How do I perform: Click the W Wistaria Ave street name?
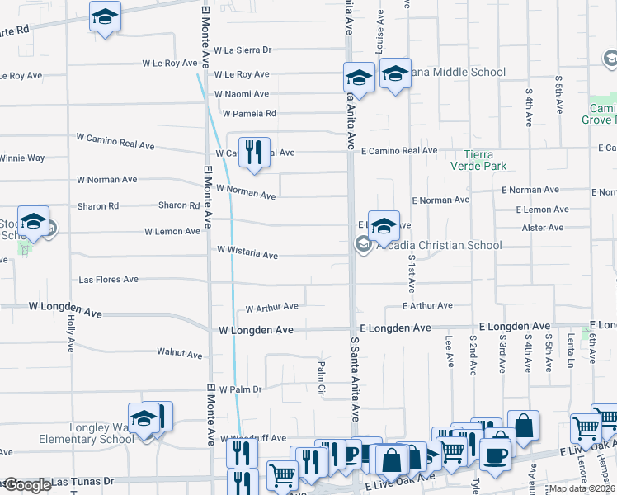click(x=247, y=252)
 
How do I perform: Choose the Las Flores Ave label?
click(x=108, y=280)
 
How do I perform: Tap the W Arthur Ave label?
click(x=272, y=308)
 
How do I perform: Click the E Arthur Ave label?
click(x=427, y=305)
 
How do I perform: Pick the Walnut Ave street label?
click(x=179, y=354)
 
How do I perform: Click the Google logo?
click(x=26, y=485)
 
